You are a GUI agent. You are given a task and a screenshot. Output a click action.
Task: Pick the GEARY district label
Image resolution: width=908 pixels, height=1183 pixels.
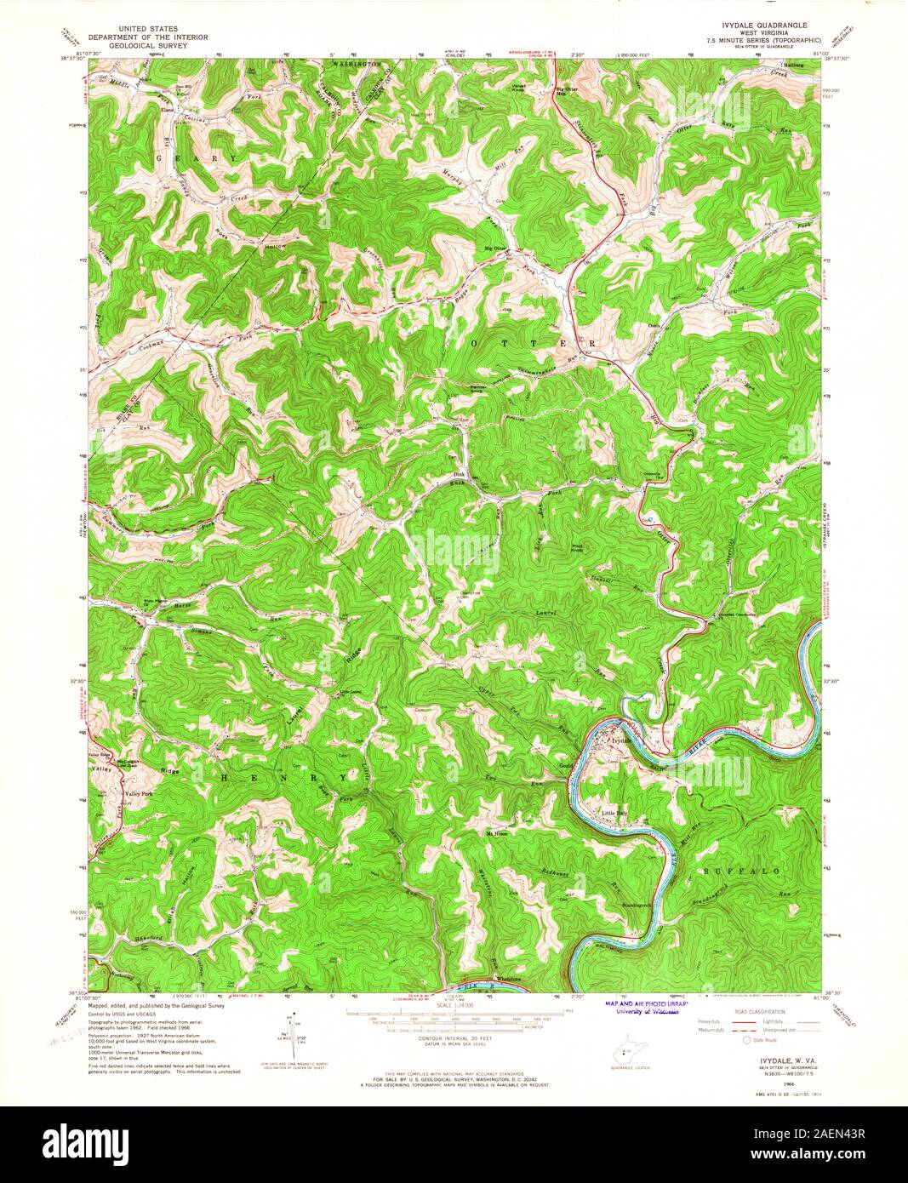(x=197, y=158)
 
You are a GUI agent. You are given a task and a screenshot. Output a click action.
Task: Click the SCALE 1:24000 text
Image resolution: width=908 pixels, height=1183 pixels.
(x=454, y=1004)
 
